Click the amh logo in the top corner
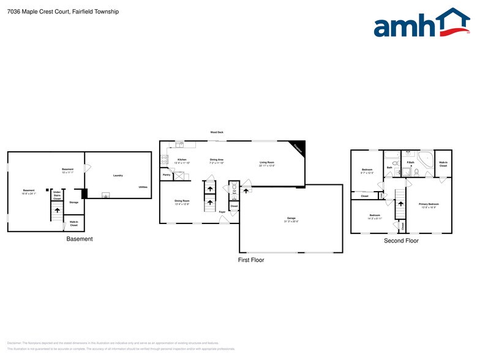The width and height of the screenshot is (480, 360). (422, 24)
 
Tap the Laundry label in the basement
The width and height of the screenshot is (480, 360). (118, 176)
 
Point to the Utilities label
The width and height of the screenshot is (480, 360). (143, 187)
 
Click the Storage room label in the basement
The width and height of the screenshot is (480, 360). (73, 202)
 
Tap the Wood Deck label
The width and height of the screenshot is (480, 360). (217, 132)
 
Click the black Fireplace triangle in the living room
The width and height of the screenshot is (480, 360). (298, 148)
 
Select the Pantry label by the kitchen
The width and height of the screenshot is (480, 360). (167, 174)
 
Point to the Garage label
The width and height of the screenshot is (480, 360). (291, 219)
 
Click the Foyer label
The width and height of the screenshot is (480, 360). (223, 212)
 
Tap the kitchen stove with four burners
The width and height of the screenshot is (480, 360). (163, 159)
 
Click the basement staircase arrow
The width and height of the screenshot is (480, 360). (57, 211)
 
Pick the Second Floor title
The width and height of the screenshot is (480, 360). (401, 241)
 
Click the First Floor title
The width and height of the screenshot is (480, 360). (251, 260)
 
